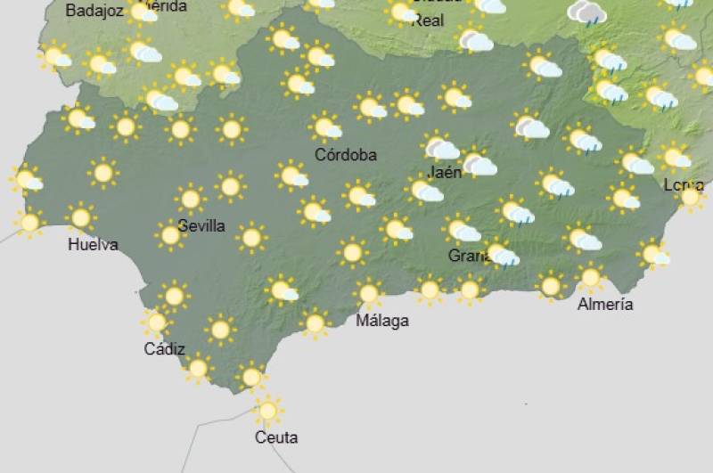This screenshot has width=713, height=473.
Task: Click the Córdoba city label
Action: click(346, 155)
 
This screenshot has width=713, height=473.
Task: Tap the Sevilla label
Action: click(202, 226)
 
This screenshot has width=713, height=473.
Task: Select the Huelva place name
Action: click(93, 244)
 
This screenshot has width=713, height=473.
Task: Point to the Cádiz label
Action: click(164, 348)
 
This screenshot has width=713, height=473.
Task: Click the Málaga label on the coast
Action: click(382, 321)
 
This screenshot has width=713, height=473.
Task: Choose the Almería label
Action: click(605, 305)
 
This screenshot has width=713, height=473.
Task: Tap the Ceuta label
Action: click(275, 437)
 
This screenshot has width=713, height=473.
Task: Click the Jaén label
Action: click(445, 173)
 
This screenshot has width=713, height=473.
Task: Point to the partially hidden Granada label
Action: click(469, 257)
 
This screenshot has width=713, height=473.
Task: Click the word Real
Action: click(429, 20)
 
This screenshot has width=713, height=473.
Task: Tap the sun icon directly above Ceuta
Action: click(266, 411)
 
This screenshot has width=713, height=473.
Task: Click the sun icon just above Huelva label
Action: click(81, 216)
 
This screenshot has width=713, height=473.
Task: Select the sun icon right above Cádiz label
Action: click(157, 322)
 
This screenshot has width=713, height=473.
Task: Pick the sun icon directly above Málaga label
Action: click(368, 292)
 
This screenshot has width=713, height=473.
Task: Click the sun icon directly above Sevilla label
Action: click(190, 198)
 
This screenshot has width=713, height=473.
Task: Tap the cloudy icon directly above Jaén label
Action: click(439, 147)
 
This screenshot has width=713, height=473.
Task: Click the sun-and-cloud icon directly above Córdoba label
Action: click(325, 126)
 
